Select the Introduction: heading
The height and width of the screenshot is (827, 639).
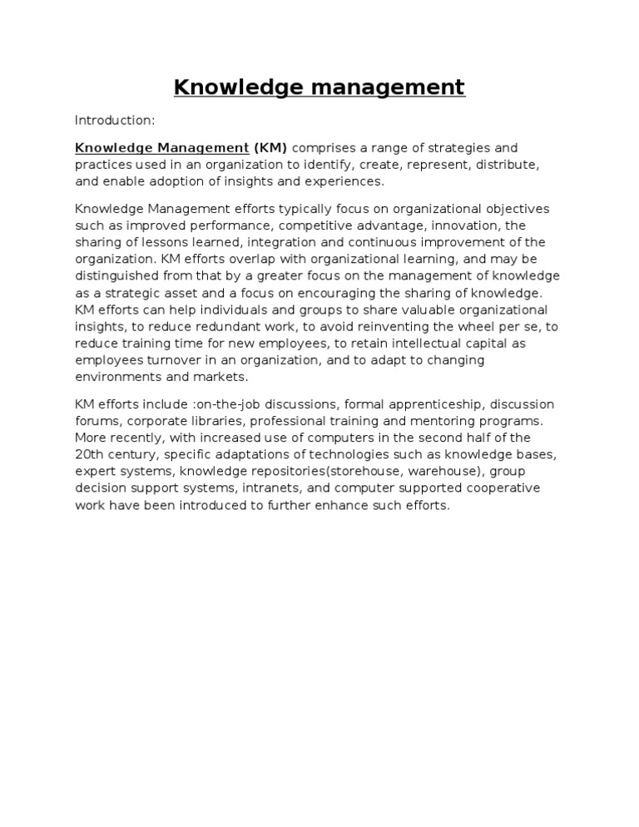[x=115, y=121]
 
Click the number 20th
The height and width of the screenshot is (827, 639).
[x=90, y=454]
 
